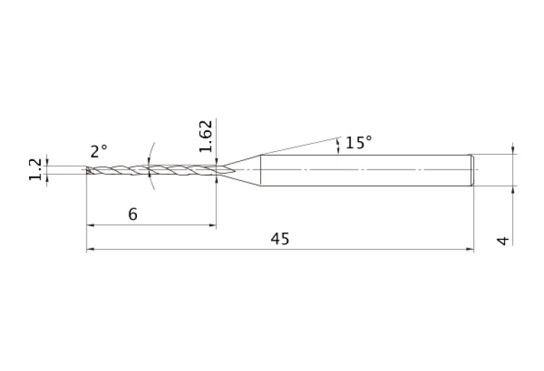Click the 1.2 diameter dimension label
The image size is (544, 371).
click(35, 170)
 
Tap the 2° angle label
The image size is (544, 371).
click(99, 152)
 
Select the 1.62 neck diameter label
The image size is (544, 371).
click(206, 136)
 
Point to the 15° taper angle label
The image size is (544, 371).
click(359, 143)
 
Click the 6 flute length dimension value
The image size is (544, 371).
click(133, 214)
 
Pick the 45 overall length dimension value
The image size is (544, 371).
click(280, 239)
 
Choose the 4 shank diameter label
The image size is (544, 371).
click(503, 240)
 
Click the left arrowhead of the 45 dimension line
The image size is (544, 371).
click(90, 249)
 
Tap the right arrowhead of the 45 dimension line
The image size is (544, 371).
click(470, 249)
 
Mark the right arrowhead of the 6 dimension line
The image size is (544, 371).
click(212, 225)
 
